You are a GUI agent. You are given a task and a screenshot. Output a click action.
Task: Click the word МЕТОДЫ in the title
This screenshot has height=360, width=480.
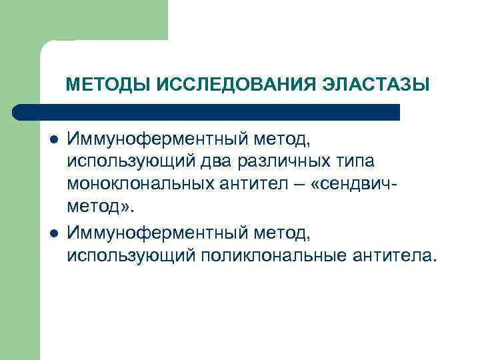pos(108,85)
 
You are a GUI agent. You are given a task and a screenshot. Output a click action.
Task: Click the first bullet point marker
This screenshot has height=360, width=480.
pos(53,141)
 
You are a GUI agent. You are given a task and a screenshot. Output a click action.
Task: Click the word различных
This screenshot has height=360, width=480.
pos(302,162)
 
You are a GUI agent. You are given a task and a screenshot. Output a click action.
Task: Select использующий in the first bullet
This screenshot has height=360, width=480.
pos(138,162)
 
